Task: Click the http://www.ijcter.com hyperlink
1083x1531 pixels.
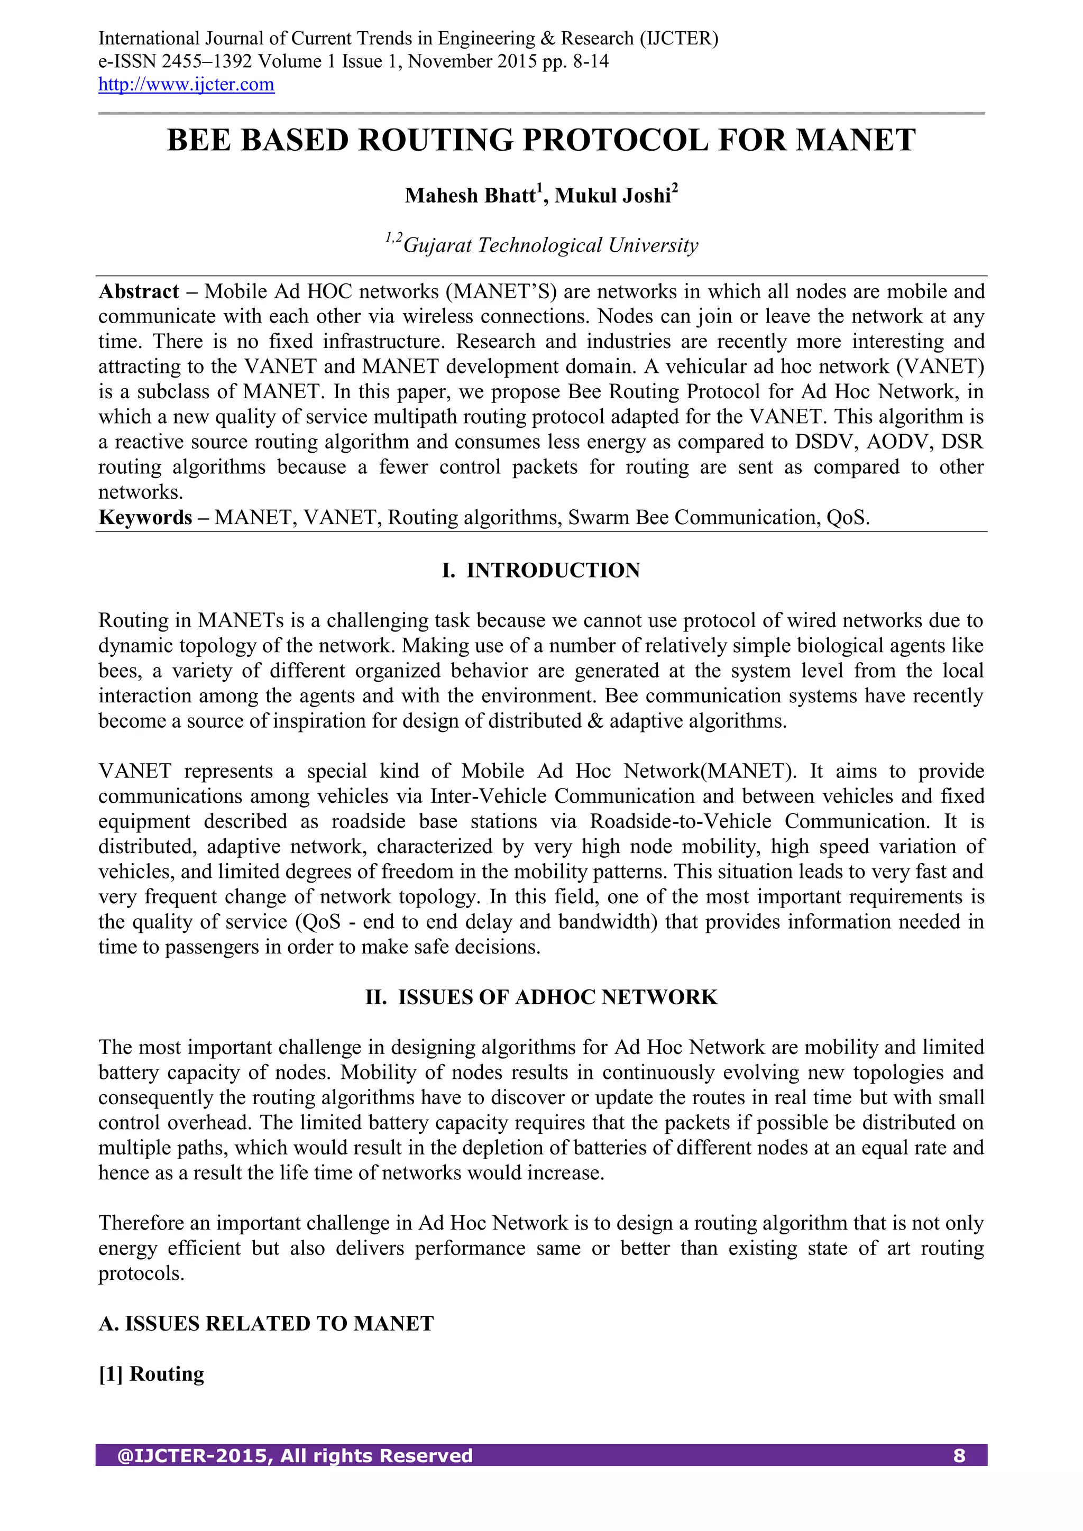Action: [x=186, y=85]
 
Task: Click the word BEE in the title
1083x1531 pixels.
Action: [x=199, y=141]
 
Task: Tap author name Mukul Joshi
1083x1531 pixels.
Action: [x=612, y=195]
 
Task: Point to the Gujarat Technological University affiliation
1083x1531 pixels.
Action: [x=550, y=245]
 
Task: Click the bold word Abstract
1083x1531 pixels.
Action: [x=139, y=291]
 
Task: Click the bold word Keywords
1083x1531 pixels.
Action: [x=145, y=517]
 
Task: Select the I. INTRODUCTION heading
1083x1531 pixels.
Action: [x=541, y=570]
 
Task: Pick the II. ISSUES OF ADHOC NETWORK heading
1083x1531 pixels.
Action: [x=541, y=997]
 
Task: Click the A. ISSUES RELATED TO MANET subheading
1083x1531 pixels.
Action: [x=266, y=1324]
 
